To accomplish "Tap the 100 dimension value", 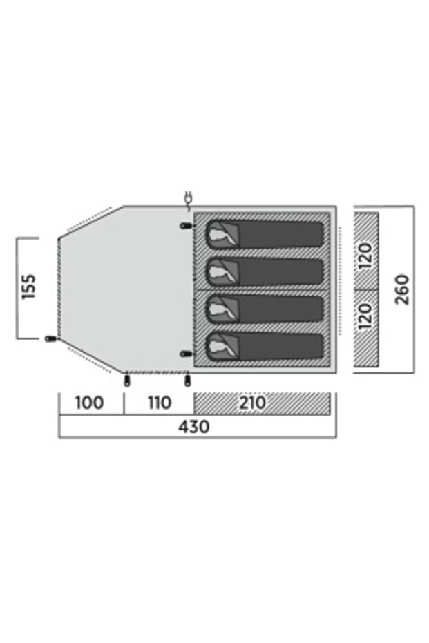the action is tap(89, 403).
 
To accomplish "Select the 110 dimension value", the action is tap(160, 403).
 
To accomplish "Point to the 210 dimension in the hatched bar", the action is tap(252, 403).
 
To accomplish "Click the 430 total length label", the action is tap(193, 427).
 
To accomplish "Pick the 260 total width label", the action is tap(402, 289).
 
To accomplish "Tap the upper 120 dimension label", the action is tap(365, 256).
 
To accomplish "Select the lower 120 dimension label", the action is tap(365, 316).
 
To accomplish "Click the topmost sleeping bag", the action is tap(265, 234).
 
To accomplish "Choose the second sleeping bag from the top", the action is tap(265, 271).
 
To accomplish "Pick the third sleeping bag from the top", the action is tap(265, 309).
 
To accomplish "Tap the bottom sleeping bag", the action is tap(265, 347).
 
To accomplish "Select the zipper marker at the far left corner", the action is tap(50, 338).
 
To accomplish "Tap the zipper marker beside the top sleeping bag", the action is tap(186, 226).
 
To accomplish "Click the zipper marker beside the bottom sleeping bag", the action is tap(186, 354).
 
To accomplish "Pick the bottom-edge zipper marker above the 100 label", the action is tap(126, 381).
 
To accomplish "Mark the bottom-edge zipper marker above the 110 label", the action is tap(188, 381).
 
